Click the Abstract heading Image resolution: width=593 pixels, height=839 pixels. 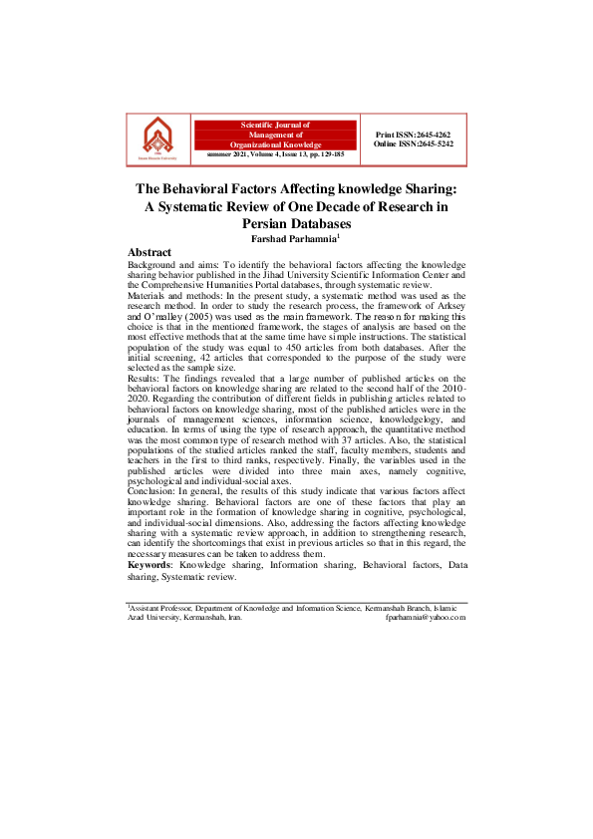pos(149,252)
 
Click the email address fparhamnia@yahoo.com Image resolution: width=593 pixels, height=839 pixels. pos(426,617)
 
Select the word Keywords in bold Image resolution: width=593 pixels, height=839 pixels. pos(148,564)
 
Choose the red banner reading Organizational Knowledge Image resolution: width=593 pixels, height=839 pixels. pos(276,144)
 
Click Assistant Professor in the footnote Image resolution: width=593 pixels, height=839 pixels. pos(160,607)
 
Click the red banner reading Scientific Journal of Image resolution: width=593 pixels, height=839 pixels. pos(276,125)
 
